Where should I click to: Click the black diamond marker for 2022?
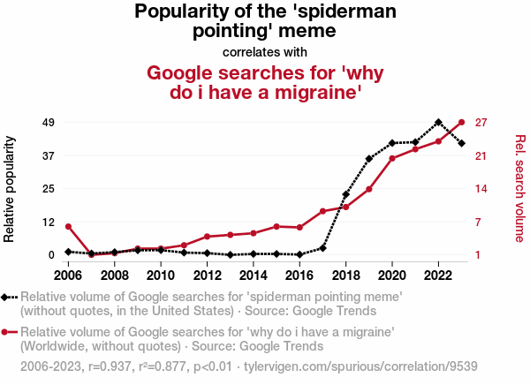(438, 122)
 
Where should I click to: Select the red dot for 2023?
(462, 122)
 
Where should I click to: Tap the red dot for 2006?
(68, 227)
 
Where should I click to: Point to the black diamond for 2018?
(346, 194)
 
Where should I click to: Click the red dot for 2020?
(392, 158)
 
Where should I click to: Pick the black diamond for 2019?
(369, 159)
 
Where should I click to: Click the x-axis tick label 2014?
(254, 275)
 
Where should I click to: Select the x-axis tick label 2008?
(114, 275)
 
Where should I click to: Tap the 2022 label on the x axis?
(438, 275)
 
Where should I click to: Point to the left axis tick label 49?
(49, 122)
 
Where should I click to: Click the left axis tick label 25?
(49, 189)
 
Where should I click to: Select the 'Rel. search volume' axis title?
(520, 188)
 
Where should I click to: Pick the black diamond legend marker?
(6, 298)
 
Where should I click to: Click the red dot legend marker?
(6, 333)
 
